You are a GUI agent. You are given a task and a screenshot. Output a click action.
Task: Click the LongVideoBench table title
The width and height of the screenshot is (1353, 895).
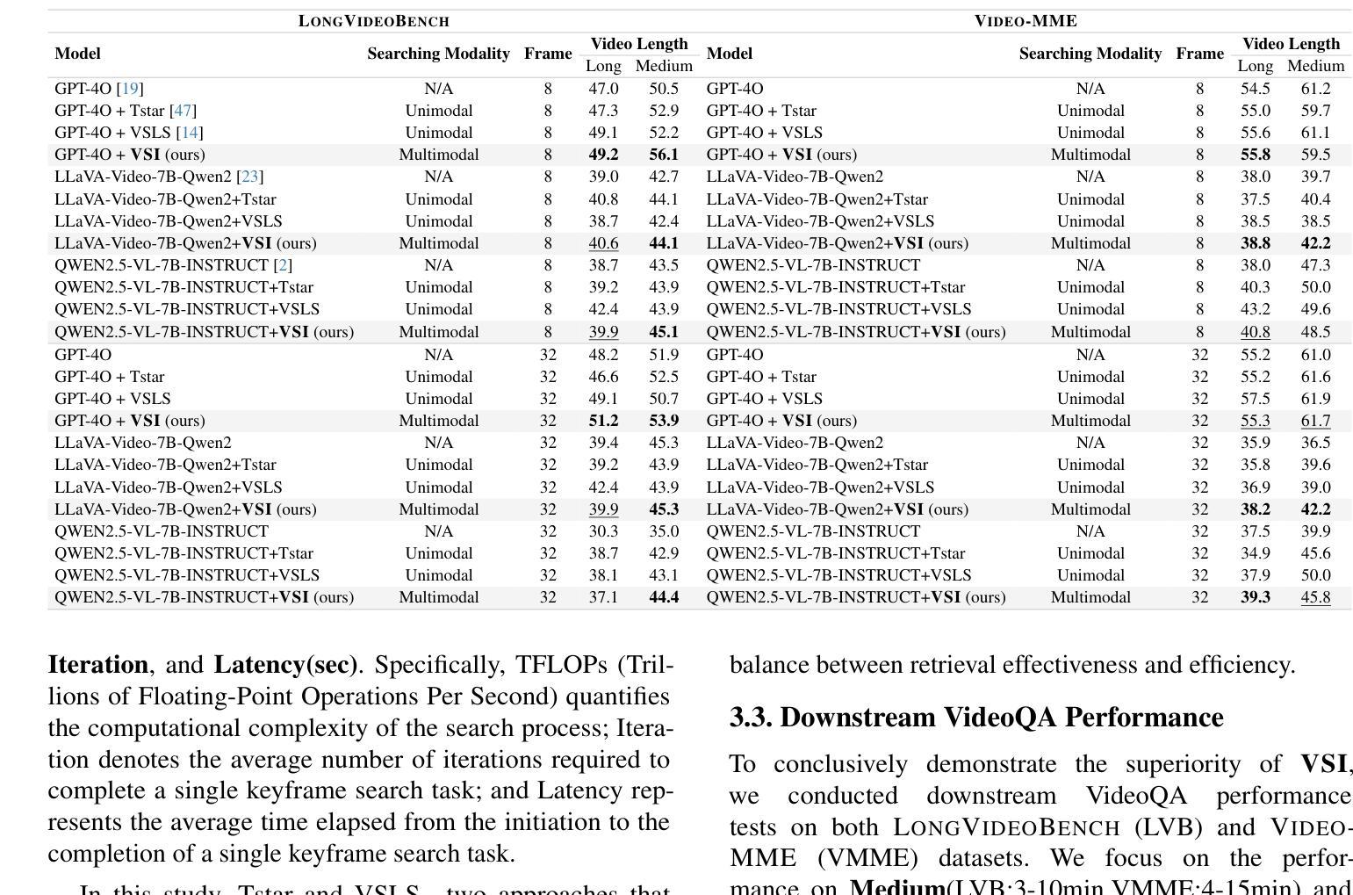tap(373, 21)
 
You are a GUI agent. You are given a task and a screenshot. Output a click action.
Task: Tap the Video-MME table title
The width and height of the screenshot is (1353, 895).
tap(1026, 21)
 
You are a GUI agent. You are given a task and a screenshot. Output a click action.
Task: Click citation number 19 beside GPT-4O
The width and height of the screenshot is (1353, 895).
tap(130, 89)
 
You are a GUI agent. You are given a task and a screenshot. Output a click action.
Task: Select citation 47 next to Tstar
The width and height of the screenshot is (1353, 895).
tap(183, 111)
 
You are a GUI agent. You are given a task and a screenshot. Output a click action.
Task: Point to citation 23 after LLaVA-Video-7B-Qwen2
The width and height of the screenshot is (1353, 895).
tap(249, 177)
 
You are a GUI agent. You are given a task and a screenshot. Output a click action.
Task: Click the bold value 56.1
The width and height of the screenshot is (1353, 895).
tap(664, 155)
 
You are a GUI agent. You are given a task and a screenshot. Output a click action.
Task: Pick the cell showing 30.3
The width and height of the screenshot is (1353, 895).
tap(603, 531)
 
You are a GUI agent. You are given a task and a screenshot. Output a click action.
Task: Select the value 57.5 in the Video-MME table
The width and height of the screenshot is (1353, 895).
tap(1255, 399)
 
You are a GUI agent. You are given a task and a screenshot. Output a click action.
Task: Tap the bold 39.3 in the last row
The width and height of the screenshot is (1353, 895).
tap(1255, 597)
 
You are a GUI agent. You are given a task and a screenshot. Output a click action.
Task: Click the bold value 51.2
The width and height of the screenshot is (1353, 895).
tap(603, 421)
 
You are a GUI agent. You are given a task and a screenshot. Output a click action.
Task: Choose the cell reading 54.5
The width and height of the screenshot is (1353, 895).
tap(1255, 89)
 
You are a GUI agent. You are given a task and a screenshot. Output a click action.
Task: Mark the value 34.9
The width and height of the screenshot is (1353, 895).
tap(1255, 553)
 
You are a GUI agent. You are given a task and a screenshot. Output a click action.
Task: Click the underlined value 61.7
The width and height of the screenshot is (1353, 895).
tap(1315, 421)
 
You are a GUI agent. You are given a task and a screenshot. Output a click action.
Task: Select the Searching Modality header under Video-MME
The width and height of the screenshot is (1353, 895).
tap(1090, 54)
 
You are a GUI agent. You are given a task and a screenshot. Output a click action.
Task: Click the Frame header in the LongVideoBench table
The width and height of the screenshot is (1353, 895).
tap(548, 54)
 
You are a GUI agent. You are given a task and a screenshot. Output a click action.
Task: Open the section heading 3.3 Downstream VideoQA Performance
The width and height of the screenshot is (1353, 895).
tap(976, 718)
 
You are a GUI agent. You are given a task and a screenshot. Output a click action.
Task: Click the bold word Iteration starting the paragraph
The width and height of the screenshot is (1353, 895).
tap(97, 665)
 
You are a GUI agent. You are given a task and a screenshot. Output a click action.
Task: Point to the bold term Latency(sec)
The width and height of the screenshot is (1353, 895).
tap(285, 665)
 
